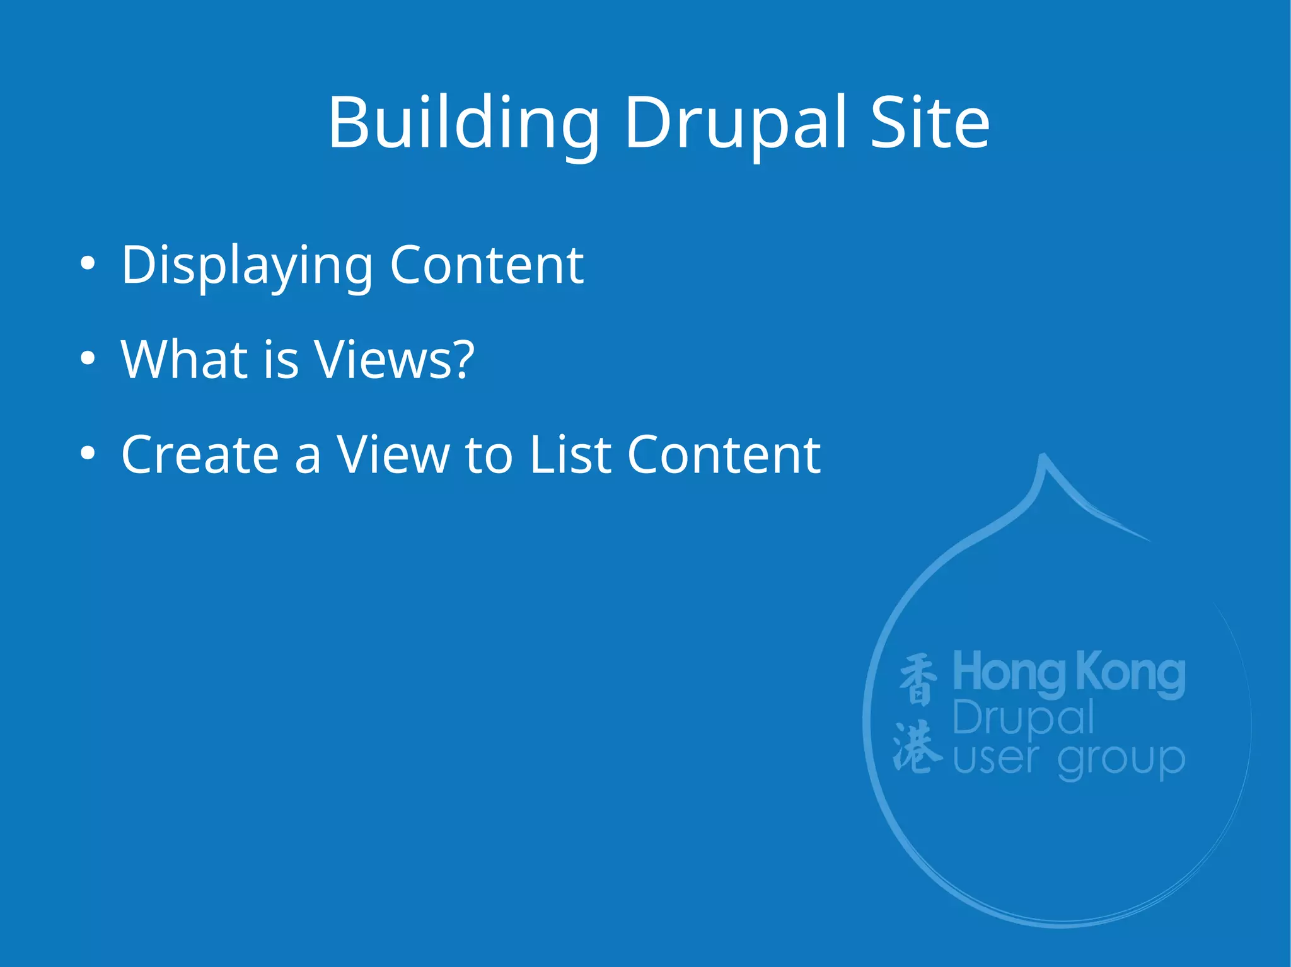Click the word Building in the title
(x=463, y=123)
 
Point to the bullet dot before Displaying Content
(x=88, y=264)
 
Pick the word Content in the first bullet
(x=487, y=265)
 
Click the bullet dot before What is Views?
(x=88, y=358)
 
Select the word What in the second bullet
(x=185, y=359)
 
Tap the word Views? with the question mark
(x=394, y=359)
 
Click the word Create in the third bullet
(x=200, y=454)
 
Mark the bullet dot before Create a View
(x=88, y=453)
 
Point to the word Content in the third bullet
(x=724, y=454)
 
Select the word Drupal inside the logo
(x=1023, y=718)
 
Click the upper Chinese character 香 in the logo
(x=918, y=679)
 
